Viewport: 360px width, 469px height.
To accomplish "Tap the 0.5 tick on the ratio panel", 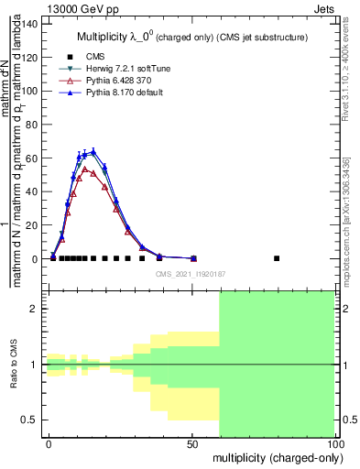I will pyautogui.click(x=28, y=420).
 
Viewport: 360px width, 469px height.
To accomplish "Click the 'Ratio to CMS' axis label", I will pyautogui.click(x=13, y=365).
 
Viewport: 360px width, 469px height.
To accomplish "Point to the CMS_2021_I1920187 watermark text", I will pyautogui.click(x=191, y=274).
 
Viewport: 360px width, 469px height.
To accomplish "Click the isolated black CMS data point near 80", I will pyautogui.click(x=277, y=258).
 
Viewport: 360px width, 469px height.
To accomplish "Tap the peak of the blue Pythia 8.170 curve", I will pyautogui.click(x=93, y=152).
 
